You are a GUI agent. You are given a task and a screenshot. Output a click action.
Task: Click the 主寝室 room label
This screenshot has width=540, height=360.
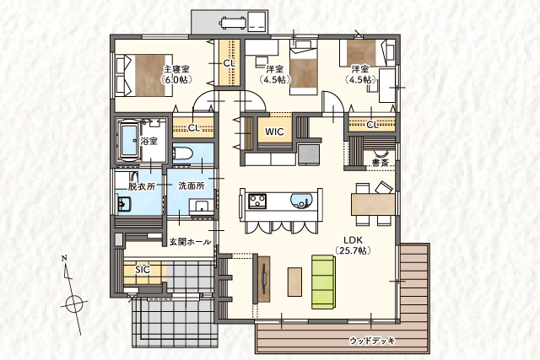176,69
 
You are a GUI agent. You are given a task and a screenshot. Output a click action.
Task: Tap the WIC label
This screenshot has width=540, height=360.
274,132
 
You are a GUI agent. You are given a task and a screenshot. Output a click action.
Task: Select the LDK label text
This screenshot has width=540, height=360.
353,240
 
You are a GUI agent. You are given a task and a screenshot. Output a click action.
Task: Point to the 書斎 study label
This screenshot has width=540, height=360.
381,163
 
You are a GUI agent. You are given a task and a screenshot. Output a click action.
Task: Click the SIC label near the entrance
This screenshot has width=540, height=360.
143,270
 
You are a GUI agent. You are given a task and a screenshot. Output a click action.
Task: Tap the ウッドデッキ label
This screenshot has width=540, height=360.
372,341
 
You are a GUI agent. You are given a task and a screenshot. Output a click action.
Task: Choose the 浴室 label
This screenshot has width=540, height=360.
149,141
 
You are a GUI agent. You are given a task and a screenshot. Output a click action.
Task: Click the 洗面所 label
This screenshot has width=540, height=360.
192,185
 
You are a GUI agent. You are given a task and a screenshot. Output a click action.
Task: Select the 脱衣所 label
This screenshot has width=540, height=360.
142,186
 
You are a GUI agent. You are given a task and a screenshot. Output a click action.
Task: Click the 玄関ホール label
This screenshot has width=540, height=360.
190,242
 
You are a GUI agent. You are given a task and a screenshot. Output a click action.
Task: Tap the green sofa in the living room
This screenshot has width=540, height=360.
323,282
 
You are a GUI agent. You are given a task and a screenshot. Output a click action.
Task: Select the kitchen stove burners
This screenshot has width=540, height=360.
257,201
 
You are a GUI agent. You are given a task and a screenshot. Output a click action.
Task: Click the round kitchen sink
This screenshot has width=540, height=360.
302,201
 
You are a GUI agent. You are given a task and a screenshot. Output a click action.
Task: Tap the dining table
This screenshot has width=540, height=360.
373,204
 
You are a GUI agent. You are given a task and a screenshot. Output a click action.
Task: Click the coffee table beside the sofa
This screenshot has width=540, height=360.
294,282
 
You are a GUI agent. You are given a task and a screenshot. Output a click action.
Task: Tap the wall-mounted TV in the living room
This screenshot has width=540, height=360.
264,278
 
